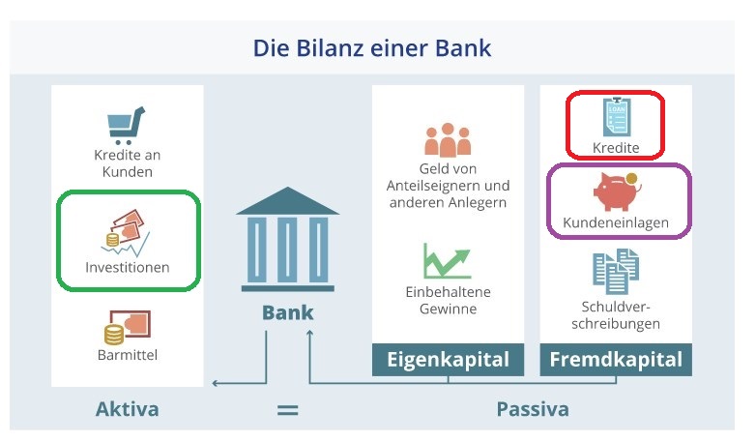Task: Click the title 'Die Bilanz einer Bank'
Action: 372,46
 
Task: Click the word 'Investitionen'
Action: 128,267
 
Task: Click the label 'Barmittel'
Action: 127,355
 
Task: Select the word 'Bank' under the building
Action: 288,313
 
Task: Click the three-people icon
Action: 447,140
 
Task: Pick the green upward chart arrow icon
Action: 446,260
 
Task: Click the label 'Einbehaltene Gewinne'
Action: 448,300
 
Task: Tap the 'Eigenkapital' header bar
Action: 448,360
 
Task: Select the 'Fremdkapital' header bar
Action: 616,360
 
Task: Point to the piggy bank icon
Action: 616,192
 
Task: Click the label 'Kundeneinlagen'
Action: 616,223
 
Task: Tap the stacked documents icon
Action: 616,272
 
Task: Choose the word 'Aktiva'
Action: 127,409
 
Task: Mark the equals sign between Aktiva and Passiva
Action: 287,410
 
